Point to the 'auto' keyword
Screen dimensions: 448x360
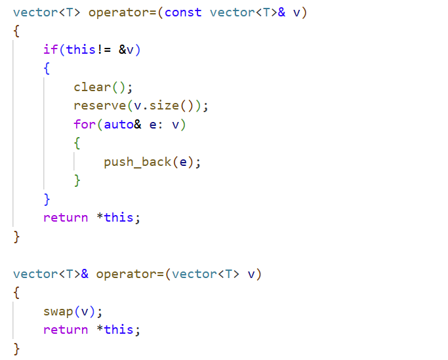[118, 125]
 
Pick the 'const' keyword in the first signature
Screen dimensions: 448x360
[183, 12]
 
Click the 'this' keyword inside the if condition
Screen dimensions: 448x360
[81, 50]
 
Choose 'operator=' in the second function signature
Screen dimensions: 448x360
[129, 274]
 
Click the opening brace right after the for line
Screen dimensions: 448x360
[77, 143]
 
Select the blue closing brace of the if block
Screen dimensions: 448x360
[47, 199]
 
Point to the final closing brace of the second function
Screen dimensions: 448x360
[16, 348]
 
